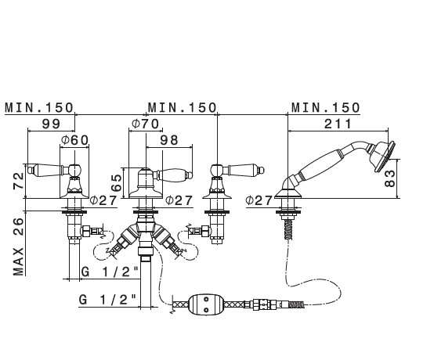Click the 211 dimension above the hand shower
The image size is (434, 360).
[x=338, y=124]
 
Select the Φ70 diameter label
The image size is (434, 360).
[x=146, y=124]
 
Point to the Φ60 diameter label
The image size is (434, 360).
[x=74, y=140]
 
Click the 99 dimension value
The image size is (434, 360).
[x=51, y=124]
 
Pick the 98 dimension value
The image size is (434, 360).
[x=169, y=140]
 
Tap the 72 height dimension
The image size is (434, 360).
[x=19, y=181]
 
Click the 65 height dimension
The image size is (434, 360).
[x=116, y=183]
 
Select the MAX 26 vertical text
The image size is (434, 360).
[x=19, y=247]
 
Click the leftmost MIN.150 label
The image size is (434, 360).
[x=39, y=107]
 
